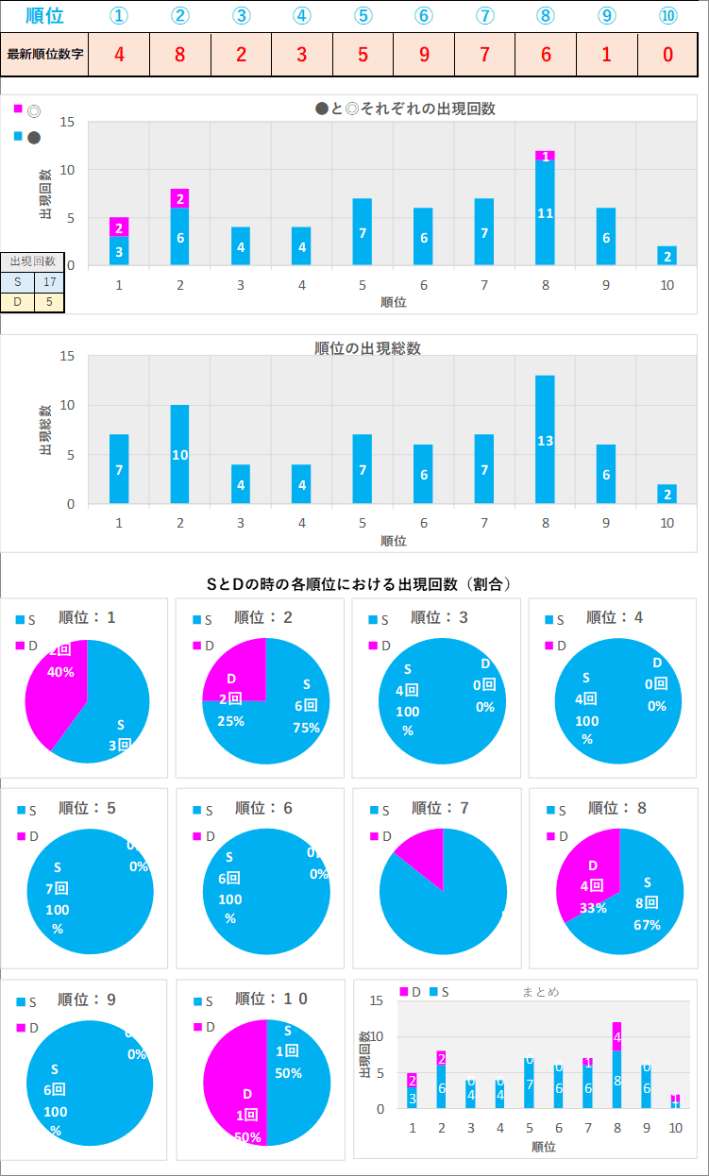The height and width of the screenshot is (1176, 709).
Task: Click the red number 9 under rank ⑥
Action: (424, 54)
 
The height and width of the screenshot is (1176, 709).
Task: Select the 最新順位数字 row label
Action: (45, 54)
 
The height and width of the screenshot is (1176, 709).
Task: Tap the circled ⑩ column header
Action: (667, 16)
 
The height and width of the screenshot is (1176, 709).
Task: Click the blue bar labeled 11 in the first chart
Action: (545, 213)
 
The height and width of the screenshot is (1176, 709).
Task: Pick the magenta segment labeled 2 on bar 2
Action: (179, 198)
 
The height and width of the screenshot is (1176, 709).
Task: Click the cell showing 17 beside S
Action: (49, 282)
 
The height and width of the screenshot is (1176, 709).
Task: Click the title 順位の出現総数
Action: (367, 348)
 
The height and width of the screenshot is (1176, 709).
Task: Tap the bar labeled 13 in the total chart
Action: (545, 440)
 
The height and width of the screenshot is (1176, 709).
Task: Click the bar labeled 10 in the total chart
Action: (179, 455)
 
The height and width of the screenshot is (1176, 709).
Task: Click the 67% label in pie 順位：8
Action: (647, 925)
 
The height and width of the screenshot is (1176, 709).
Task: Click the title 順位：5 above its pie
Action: (86, 808)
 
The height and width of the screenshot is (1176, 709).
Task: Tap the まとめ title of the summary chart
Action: (541, 992)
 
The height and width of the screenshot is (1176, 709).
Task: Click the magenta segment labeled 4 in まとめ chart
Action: (616, 1036)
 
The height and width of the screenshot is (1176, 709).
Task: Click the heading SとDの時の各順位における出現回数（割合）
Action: (359, 584)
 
